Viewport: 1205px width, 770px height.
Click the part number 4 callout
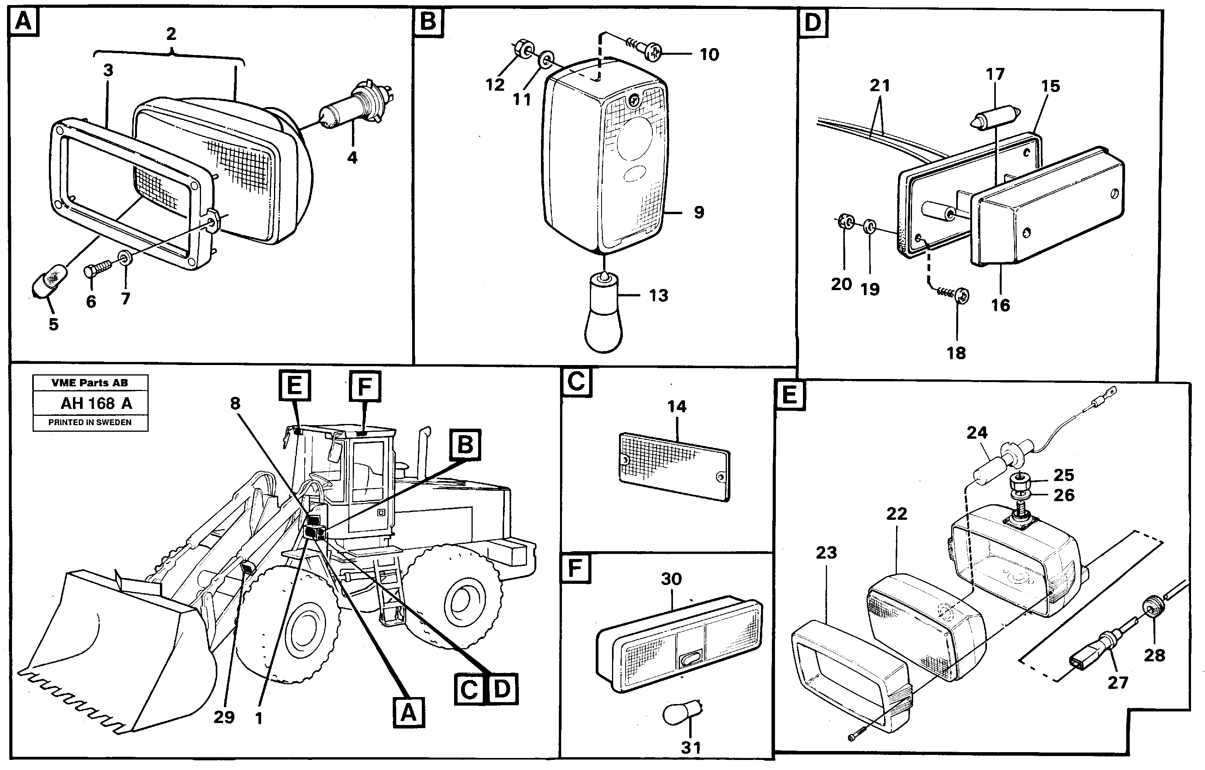coord(352,157)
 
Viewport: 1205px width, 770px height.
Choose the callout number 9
coord(699,212)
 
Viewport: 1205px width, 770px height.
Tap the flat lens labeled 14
coord(674,467)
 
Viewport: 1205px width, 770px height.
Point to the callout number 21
coord(880,86)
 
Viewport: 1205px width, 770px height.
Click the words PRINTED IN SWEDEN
coord(90,422)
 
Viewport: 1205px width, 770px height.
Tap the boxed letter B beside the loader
coord(465,444)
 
